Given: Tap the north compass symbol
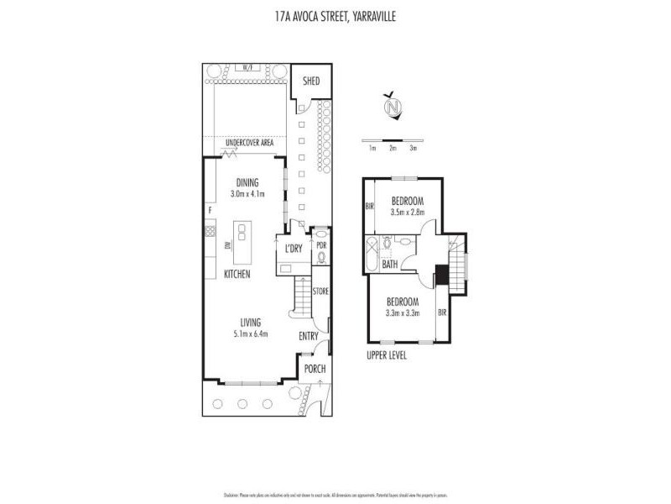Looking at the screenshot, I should click(x=391, y=107).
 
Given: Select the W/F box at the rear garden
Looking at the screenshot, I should click(x=247, y=67).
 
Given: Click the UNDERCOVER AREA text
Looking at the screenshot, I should click(x=250, y=144).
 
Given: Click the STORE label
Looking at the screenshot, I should click(x=320, y=291).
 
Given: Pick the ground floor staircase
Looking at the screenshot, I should click(x=301, y=296).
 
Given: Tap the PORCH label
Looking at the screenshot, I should click(x=314, y=370).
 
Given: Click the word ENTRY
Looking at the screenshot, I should click(x=309, y=337).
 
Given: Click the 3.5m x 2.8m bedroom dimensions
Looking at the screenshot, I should click(x=407, y=213).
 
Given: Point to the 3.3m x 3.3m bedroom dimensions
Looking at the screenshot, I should click(x=403, y=312).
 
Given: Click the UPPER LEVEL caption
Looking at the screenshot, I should click(x=387, y=355).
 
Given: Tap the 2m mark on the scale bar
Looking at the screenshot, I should click(x=393, y=149).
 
